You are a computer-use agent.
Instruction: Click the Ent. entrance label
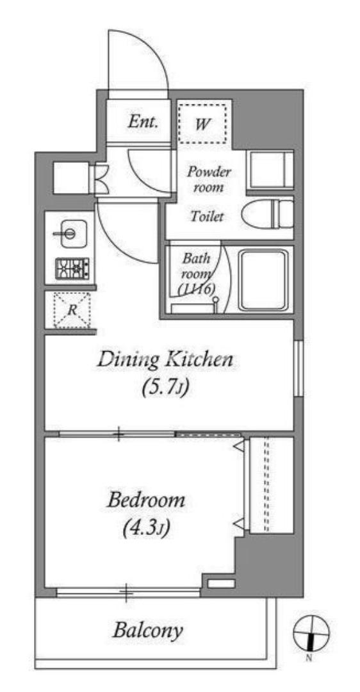(143, 122)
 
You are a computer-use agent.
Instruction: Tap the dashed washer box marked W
(202, 123)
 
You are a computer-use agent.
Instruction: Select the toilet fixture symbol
(267, 213)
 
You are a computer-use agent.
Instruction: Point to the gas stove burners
(72, 268)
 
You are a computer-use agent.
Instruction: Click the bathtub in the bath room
(264, 281)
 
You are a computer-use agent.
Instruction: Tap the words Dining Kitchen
(165, 359)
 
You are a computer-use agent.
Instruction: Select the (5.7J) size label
(165, 388)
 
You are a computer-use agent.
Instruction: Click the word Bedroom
(146, 501)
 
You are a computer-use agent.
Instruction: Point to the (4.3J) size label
(146, 528)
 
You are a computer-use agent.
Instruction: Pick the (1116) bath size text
(196, 289)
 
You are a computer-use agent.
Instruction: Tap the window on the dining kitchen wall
(299, 368)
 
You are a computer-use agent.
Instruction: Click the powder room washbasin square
(270, 169)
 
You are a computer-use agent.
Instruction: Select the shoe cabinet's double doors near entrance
(100, 178)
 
